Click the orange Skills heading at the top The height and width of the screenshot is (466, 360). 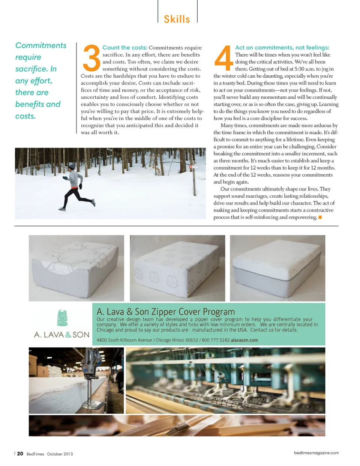177,19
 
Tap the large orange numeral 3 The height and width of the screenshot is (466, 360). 91,58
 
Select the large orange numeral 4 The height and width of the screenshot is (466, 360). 223,58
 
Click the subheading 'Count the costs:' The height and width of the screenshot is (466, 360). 124,48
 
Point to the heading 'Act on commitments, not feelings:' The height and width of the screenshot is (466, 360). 282,48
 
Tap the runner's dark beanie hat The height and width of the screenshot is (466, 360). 72,167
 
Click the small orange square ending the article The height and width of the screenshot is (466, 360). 320,217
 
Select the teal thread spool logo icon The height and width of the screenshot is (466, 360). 62,318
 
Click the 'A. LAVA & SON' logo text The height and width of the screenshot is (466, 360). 62,335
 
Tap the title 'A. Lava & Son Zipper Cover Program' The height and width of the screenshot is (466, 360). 166,312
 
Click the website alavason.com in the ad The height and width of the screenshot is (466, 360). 244,340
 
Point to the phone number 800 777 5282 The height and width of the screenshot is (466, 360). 216,340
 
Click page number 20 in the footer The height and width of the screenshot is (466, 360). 20,454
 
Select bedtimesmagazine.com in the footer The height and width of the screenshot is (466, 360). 316,453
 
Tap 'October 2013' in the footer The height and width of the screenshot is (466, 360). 60,454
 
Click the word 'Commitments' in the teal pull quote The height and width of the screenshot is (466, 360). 41,45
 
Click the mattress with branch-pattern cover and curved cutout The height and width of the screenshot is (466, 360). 76,268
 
